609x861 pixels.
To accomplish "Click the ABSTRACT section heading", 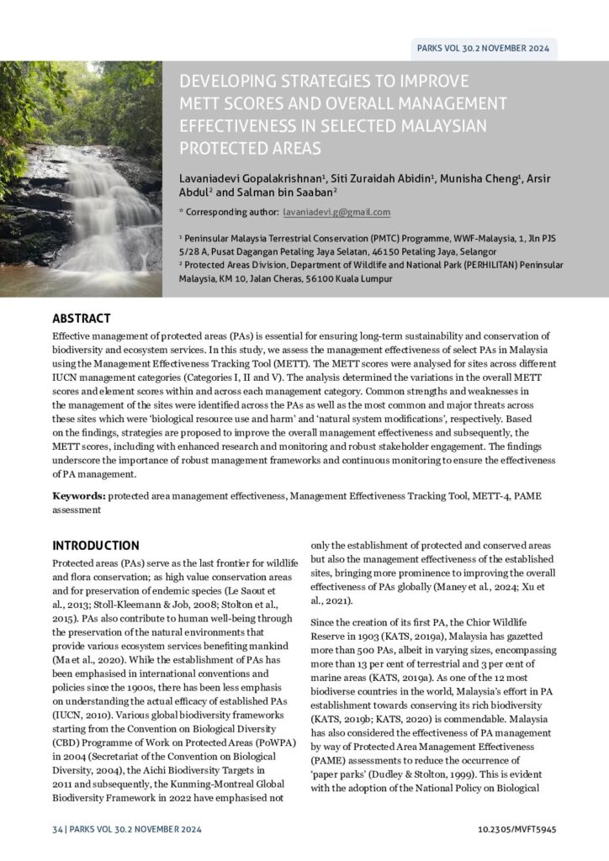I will (x=81, y=319).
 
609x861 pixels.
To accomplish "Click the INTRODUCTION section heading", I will (x=96, y=545).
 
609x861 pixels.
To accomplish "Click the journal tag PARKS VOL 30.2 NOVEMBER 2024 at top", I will (x=483, y=48).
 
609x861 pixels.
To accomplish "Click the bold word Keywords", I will (x=79, y=496).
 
